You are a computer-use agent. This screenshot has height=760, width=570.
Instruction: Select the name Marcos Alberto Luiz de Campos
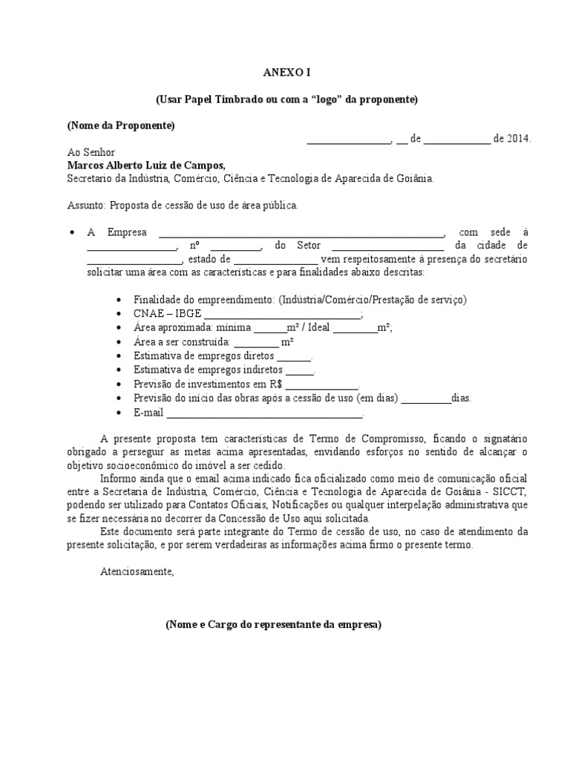pos(145,166)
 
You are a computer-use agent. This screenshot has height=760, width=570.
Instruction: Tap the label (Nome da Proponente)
pos(121,125)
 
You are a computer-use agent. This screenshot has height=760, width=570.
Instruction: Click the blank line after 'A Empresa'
pos(302,232)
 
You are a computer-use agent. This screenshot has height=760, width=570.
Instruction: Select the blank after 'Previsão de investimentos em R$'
pos(322,384)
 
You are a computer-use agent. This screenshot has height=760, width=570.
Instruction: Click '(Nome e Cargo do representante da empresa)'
pos(273,625)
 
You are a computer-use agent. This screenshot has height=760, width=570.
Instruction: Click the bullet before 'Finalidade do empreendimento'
pos(121,299)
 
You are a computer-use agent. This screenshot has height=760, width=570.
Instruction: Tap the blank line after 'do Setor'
pos(387,246)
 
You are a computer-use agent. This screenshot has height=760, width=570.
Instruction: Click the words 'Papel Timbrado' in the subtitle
pos(212,99)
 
